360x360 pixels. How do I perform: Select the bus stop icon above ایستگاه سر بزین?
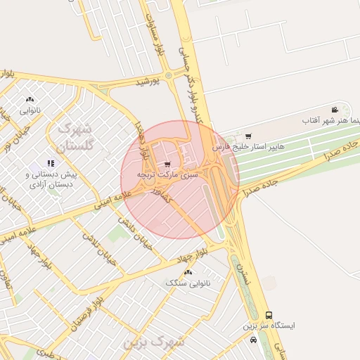269,316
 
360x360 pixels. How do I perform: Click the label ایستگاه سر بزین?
269,326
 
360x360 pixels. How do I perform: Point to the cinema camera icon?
336,110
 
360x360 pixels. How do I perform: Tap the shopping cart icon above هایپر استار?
248,136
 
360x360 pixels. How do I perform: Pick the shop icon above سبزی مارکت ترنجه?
167,164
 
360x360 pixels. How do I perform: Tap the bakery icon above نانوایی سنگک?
187,271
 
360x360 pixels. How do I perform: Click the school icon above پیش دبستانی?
50,164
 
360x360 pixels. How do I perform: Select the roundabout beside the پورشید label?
168,75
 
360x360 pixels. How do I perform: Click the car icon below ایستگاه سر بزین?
253,340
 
